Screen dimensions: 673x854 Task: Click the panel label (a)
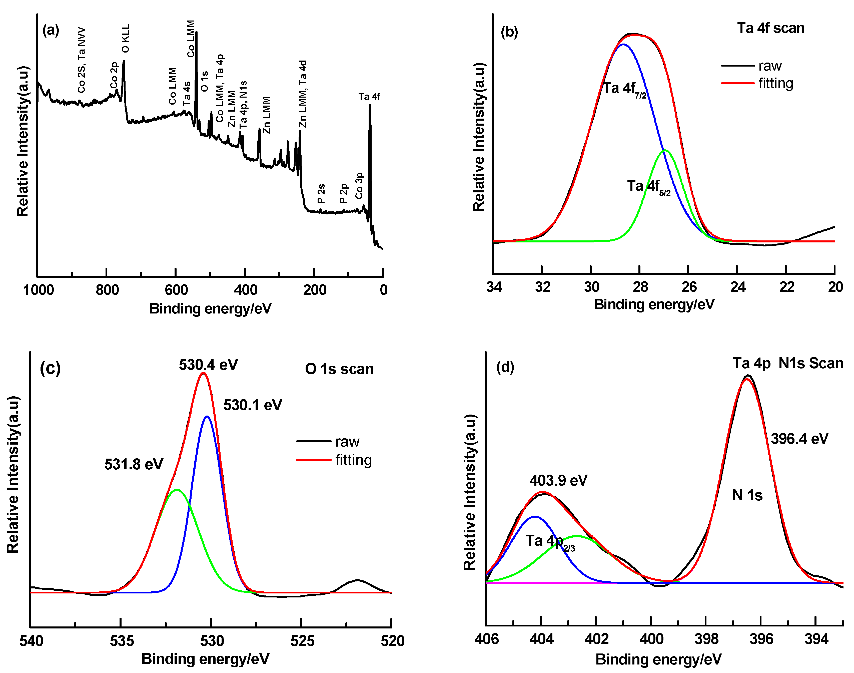pyautogui.click(x=51, y=30)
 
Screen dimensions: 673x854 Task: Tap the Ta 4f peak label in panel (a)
pyautogui.click(x=369, y=97)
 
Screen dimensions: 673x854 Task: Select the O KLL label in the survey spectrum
pyautogui.click(x=125, y=38)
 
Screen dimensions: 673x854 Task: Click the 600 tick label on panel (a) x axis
pyautogui.click(x=176, y=290)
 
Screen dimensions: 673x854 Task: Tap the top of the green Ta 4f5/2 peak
pyautogui.click(x=665, y=151)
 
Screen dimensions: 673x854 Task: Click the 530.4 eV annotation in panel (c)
pyautogui.click(x=208, y=365)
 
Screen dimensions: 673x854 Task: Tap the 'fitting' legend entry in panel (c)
pyautogui.click(x=353, y=460)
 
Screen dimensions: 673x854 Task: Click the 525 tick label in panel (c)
pyautogui.click(x=302, y=641)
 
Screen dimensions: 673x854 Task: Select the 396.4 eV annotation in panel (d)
pyautogui.click(x=799, y=439)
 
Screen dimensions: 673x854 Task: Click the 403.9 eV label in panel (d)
pyautogui.click(x=558, y=480)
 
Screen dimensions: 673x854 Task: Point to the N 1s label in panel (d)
pyautogui.click(x=747, y=495)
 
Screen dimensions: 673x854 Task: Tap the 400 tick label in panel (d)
pyautogui.click(x=651, y=639)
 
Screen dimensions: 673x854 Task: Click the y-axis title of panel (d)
pyautogui.click(x=470, y=493)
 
